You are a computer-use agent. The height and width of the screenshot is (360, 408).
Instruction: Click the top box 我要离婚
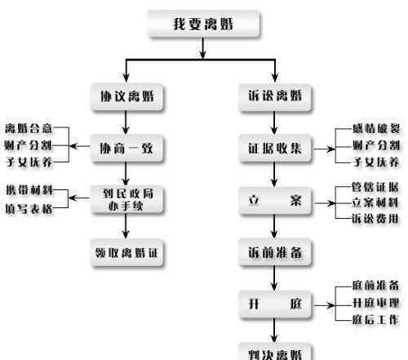203,24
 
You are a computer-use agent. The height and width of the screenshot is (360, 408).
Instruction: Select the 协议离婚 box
127,97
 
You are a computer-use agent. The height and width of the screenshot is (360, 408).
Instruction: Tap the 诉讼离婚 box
275,97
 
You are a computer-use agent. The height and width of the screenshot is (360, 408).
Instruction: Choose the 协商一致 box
127,149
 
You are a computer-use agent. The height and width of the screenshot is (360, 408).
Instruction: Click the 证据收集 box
275,149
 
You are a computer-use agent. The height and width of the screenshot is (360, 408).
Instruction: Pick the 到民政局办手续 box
127,200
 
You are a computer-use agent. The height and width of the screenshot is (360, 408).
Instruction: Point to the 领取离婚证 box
127,253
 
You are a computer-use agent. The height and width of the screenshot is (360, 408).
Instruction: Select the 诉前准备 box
275,252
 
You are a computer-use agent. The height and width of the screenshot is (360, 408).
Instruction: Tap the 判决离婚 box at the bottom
275,353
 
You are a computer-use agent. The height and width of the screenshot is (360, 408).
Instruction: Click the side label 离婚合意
29,128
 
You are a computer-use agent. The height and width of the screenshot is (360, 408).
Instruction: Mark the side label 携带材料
29,189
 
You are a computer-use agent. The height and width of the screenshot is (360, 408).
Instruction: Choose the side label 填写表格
29,209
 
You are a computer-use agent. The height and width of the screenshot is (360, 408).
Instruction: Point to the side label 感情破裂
376,128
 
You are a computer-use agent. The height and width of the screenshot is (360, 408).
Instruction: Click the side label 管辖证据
375,187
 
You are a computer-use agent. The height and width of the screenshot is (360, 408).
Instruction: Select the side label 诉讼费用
375,219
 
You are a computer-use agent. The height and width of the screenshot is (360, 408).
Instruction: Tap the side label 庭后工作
375,320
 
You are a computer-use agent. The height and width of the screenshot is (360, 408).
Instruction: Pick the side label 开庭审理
375,303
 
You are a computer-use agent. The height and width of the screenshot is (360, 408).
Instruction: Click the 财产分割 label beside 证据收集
376,145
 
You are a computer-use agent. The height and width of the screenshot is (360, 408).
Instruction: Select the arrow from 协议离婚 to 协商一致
126,122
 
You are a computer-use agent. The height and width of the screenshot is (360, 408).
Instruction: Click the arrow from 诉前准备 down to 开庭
274,278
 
